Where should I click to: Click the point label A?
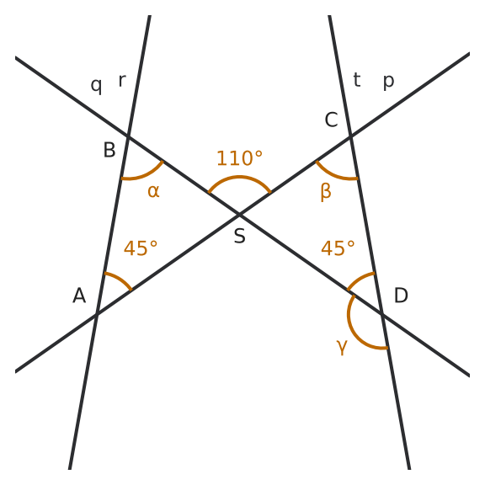pyautogui.click(x=79, y=296)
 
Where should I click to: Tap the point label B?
pyautogui.click(x=109, y=150)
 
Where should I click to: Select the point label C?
pyautogui.click(x=331, y=120)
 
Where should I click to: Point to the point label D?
pyautogui.click(x=401, y=296)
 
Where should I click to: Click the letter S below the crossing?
pyautogui.click(x=240, y=236)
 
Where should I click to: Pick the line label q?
pyautogui.click(x=96, y=85)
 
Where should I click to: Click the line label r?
pyautogui.click(x=122, y=81)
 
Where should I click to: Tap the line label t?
pyautogui.click(x=357, y=80)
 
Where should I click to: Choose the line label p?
pyautogui.click(x=389, y=82)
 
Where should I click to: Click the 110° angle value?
pyautogui.click(x=240, y=158)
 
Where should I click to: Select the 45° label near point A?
pyautogui.click(x=141, y=248)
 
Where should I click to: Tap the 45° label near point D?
pyautogui.click(x=338, y=248)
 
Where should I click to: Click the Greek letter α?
pyautogui.click(x=153, y=191)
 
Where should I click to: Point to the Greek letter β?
pyautogui.click(x=326, y=192)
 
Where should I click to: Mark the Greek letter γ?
pyautogui.click(x=342, y=348)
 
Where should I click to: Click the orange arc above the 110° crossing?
pyautogui.click(x=240, y=177)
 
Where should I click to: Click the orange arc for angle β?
pyautogui.click(x=333, y=175)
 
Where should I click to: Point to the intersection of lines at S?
pyautogui.click(x=239, y=214)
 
